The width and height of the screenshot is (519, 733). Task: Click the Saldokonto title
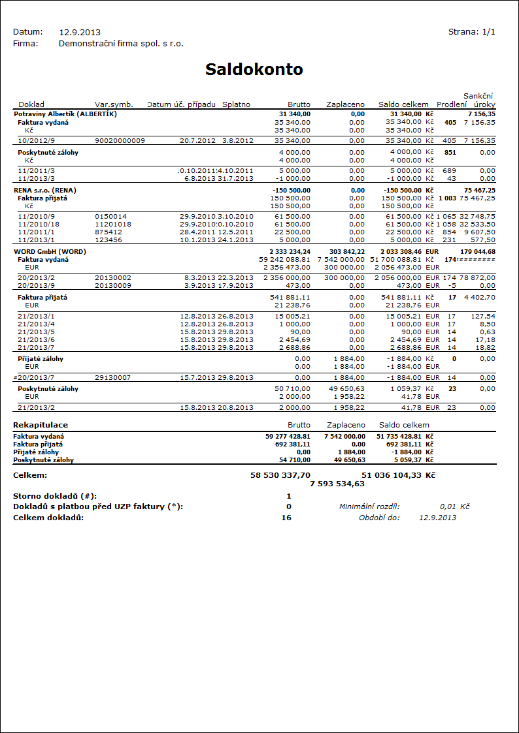point(254,70)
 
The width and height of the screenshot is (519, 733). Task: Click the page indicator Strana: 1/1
point(471,32)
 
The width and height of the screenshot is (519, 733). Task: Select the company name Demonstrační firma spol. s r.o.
point(121,44)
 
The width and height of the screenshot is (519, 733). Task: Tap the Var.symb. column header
point(114,104)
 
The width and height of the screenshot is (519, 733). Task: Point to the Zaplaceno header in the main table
point(345,104)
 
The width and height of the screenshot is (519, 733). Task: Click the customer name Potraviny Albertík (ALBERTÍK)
point(65,114)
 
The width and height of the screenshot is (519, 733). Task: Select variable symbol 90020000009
point(120,140)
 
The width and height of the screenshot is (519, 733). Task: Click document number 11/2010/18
point(37,224)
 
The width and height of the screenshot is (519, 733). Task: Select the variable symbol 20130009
point(113,285)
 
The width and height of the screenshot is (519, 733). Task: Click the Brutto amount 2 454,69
point(294,340)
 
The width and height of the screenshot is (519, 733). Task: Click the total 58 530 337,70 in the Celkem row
point(280,476)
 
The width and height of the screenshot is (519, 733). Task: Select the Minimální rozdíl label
point(369,507)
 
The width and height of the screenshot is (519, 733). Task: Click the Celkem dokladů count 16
point(286,518)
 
